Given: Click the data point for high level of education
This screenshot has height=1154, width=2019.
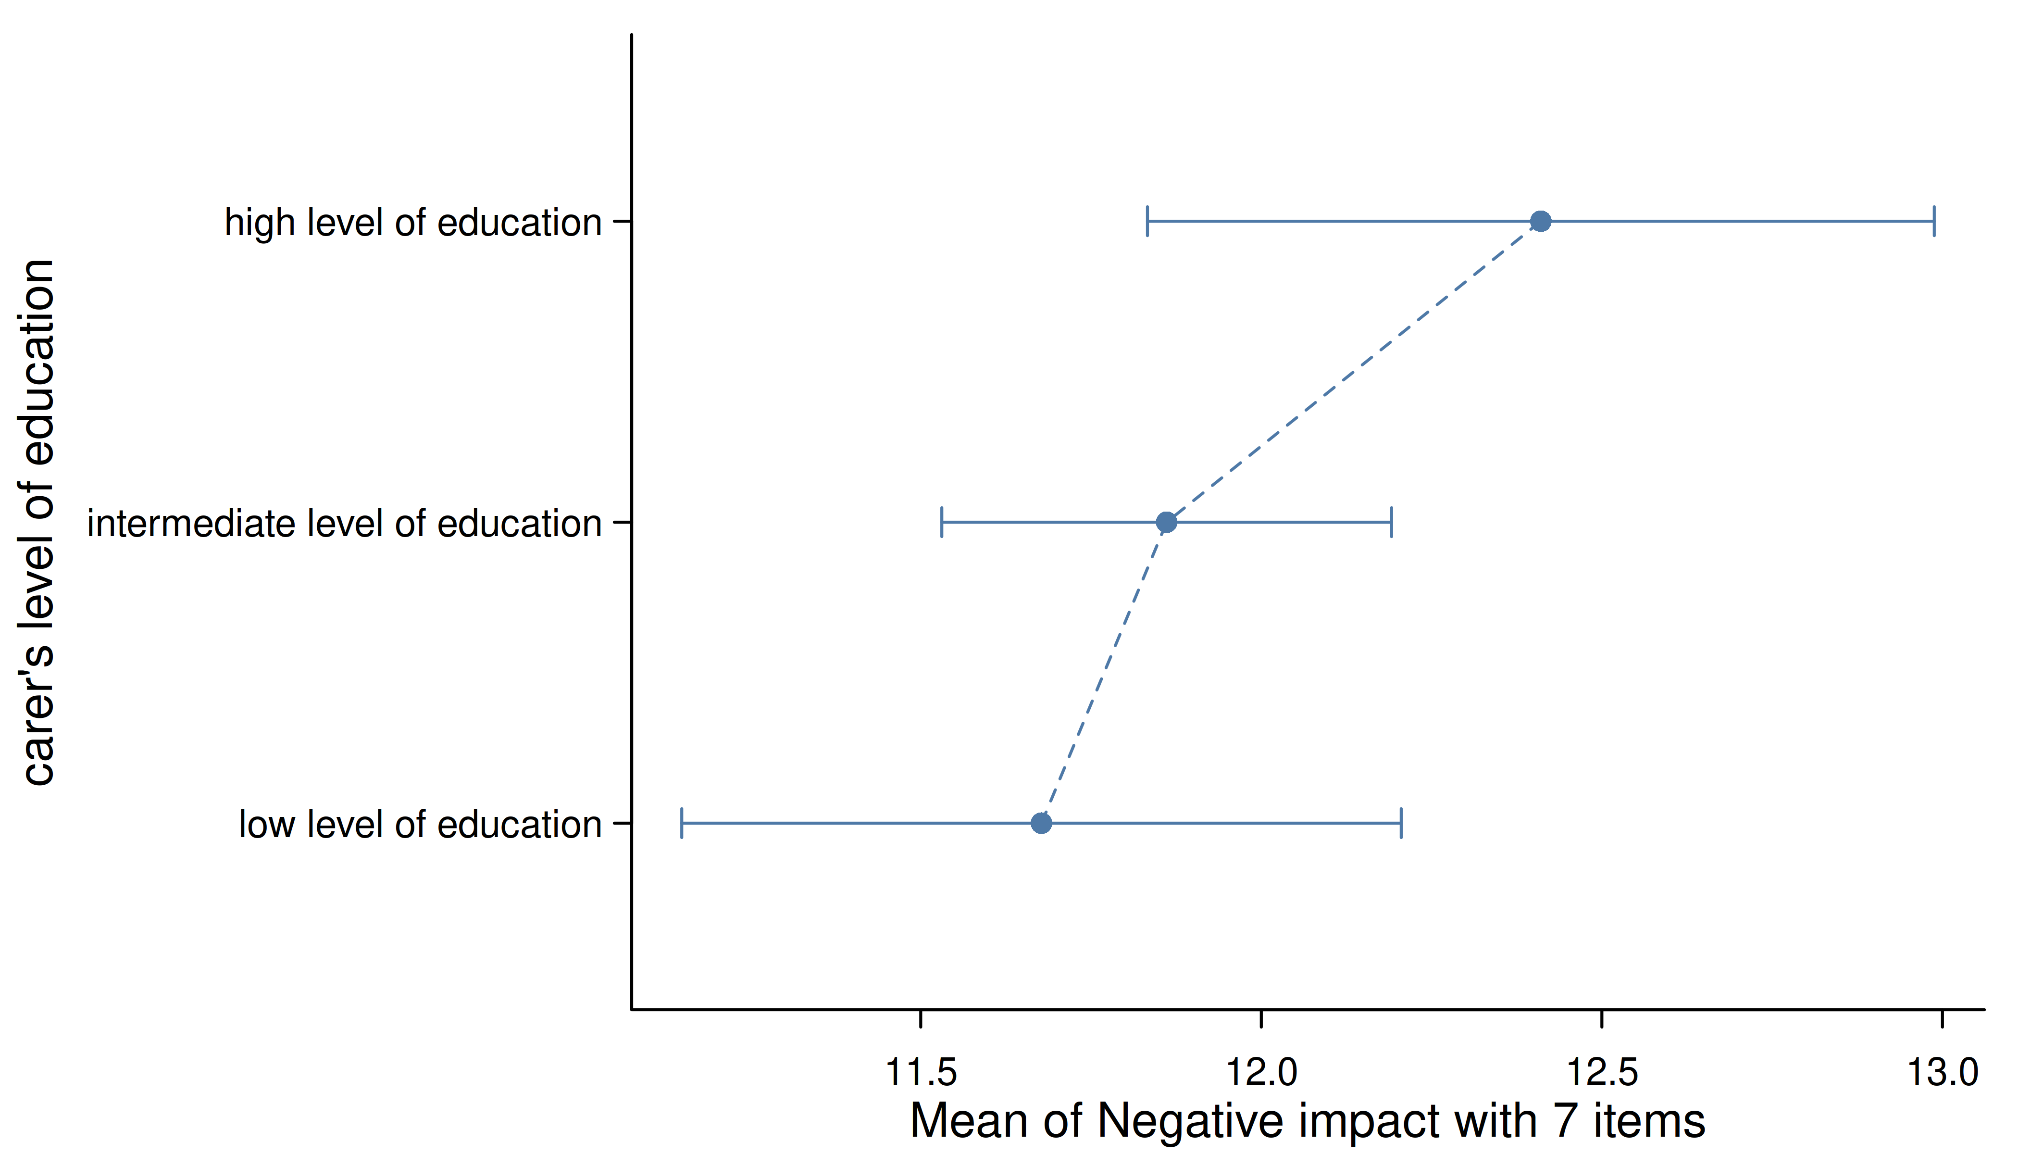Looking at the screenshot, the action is point(1540,221).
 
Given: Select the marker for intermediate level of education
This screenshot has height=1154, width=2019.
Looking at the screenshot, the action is point(1166,522).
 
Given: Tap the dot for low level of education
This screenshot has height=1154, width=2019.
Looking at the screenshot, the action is point(1041,824).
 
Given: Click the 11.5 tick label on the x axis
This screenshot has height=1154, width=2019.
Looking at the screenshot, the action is point(921,1072).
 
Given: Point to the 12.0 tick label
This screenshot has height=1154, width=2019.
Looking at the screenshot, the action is point(1261,1072).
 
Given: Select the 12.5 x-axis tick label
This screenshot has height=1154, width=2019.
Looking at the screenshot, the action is point(1602,1072).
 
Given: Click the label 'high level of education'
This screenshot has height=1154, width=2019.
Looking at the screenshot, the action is point(413,223).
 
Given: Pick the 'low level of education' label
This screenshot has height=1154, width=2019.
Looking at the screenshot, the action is point(421,825).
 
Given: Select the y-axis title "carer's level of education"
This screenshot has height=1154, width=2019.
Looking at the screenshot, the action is point(38,522).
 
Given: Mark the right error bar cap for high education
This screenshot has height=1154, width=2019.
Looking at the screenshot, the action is point(1934,221).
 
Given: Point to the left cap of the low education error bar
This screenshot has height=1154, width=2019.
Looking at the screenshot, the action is point(682,824).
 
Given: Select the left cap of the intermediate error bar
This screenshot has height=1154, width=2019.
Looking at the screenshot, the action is point(941,522).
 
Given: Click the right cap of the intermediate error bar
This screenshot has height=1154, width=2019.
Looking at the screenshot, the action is point(1392,522).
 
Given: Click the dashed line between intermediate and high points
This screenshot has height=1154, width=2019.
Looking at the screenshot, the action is point(1353,372).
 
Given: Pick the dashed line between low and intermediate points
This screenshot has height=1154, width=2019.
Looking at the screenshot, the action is point(1104,673).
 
